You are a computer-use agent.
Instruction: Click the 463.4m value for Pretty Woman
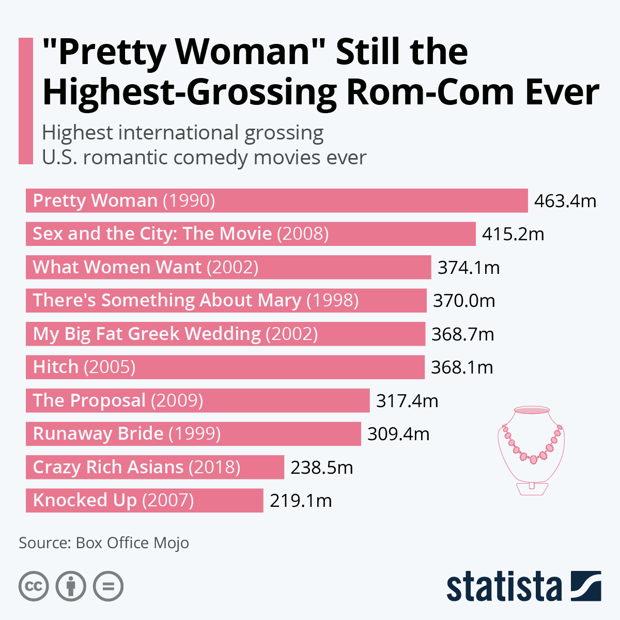[565, 201]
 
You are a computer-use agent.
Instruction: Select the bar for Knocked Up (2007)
[144, 501]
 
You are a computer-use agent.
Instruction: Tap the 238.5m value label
[321, 468]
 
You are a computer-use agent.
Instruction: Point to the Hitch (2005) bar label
[84, 367]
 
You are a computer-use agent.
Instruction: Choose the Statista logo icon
[586, 586]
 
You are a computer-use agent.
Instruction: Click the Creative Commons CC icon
[34, 586]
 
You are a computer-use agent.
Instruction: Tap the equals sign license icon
[109, 586]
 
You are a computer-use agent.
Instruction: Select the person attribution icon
[71, 586]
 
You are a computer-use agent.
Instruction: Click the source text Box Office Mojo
[132, 543]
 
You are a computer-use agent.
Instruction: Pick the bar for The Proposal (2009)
[197, 401]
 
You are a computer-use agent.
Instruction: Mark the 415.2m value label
[513, 234]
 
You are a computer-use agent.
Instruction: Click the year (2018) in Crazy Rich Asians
[214, 468]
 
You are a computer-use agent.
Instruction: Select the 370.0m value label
[464, 301]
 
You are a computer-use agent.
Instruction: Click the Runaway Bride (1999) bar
[193, 434]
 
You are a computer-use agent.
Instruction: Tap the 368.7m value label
[462, 334]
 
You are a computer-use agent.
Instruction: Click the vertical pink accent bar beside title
[26, 101]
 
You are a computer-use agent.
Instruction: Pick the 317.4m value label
[407, 401]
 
